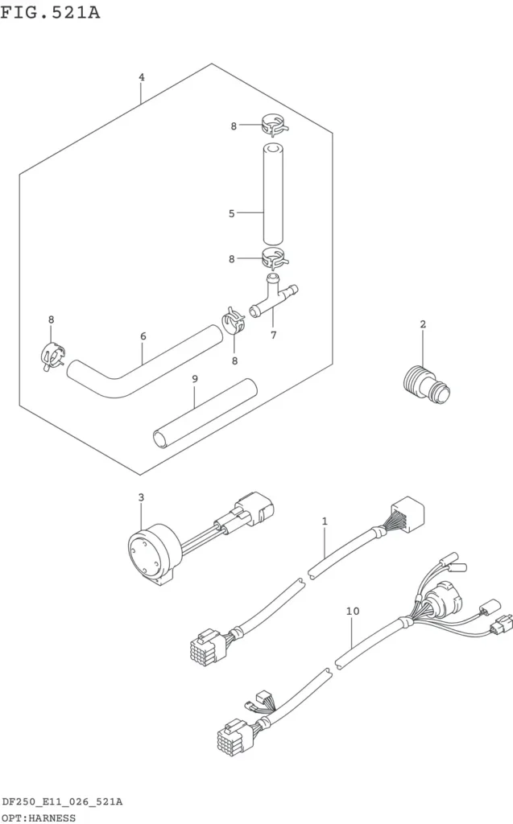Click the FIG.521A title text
pos(50,11)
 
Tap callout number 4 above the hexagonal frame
pos(142,77)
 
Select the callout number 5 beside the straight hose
pos(231,214)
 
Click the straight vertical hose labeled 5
pos(273,196)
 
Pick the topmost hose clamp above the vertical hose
pos(274,126)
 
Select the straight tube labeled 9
pos(205,414)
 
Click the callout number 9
pos(195,379)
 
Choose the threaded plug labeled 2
pos(427,384)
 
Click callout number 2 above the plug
pos(423,324)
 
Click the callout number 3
pos(141,497)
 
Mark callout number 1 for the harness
pos(325,521)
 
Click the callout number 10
pos(353,612)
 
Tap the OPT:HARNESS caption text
pos(39,818)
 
